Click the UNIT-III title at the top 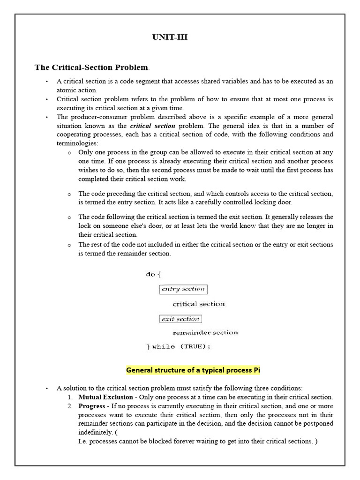point(170,37)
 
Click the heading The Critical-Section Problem point(91,67)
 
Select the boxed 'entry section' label point(183,289)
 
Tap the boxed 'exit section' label point(180,319)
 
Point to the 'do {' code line point(153,274)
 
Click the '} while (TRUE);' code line point(179,347)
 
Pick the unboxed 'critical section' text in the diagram point(199,304)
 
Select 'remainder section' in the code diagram point(205,333)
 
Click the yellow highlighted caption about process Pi point(193,370)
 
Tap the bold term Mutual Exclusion point(105,397)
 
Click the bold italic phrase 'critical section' point(152,126)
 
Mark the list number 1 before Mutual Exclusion point(70,397)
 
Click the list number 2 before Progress point(70,406)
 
